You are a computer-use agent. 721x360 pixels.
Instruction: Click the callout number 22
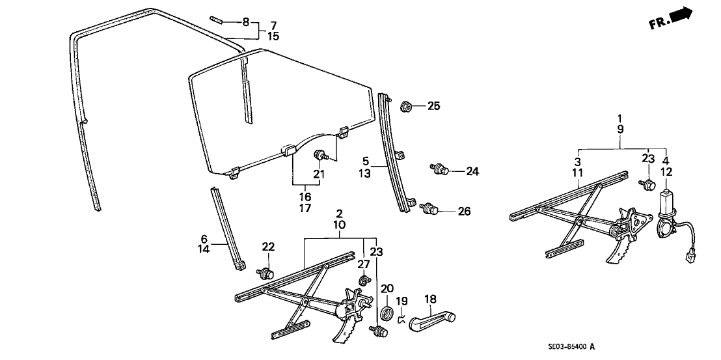(x=268, y=247)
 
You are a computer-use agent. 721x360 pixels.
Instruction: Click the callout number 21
(x=318, y=174)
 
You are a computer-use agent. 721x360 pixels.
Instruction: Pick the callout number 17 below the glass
(x=305, y=208)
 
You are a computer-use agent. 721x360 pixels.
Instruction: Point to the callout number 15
(x=273, y=36)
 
